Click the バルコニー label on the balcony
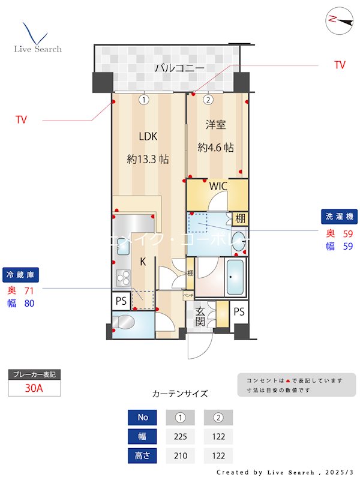click(x=179, y=68)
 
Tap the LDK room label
click(x=148, y=136)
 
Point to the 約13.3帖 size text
click(x=148, y=160)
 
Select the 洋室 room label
click(x=215, y=125)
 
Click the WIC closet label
click(x=218, y=186)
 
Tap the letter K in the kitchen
click(x=143, y=261)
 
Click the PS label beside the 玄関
click(x=239, y=311)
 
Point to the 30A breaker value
click(x=34, y=388)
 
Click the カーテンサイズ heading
click(x=180, y=394)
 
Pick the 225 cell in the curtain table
click(x=180, y=437)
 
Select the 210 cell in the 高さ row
click(x=180, y=456)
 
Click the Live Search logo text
click(x=38, y=49)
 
